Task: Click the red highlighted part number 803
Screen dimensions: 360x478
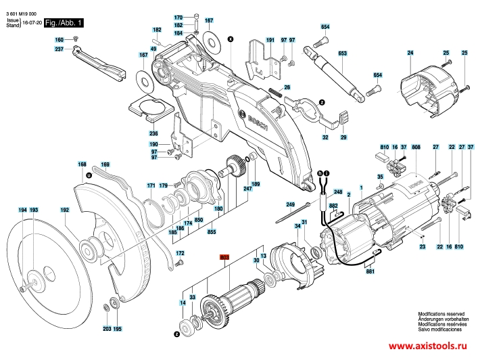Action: [x=224, y=257]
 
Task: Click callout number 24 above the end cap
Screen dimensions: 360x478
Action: [x=410, y=53]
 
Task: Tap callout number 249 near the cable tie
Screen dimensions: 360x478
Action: [x=290, y=204]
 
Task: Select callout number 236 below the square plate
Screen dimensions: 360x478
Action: [x=153, y=134]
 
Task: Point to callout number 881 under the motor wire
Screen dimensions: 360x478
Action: [x=370, y=273]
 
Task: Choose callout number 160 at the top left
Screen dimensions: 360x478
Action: [x=59, y=40]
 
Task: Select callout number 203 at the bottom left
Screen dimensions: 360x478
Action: [x=107, y=329]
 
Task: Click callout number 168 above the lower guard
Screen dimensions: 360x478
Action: [x=82, y=164]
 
